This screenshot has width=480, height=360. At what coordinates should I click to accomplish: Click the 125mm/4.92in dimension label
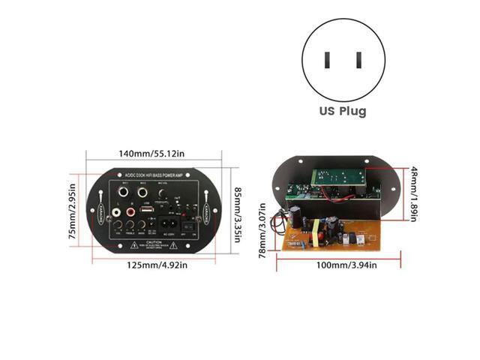tap(156, 265)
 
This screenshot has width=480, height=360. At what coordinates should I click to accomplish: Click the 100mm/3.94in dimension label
tap(343, 265)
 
